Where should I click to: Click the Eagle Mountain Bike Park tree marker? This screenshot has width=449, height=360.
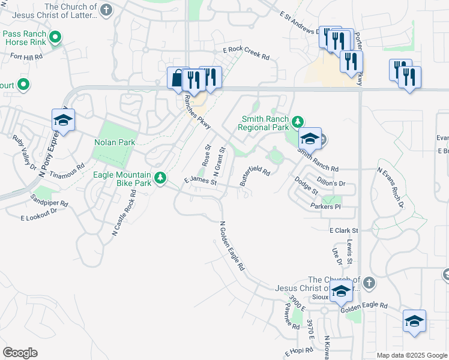point(160,178)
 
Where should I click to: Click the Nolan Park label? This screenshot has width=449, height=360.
point(115,143)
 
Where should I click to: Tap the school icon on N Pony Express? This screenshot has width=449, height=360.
point(63,121)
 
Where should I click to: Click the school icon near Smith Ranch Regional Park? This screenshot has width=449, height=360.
point(310,139)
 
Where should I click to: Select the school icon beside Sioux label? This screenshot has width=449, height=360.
point(341,292)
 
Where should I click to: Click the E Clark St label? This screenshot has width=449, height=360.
point(343,230)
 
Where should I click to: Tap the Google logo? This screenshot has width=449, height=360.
point(20,353)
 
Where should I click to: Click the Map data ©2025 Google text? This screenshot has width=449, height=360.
point(411,355)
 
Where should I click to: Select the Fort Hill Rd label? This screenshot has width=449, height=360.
point(26,56)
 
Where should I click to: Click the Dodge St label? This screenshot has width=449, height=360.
point(306,185)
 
